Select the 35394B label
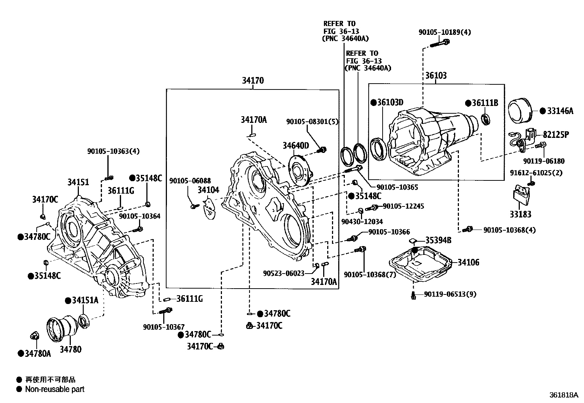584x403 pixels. [x=438, y=240]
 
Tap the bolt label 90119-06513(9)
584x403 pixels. [x=450, y=294]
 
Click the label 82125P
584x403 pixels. [x=556, y=135]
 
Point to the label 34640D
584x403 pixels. [x=296, y=146]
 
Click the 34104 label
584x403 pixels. [x=208, y=190]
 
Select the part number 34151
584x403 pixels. [x=78, y=182]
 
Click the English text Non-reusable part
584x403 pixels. [x=55, y=389]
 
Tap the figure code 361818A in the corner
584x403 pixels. [x=563, y=395]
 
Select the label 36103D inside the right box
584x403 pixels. [x=390, y=102]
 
